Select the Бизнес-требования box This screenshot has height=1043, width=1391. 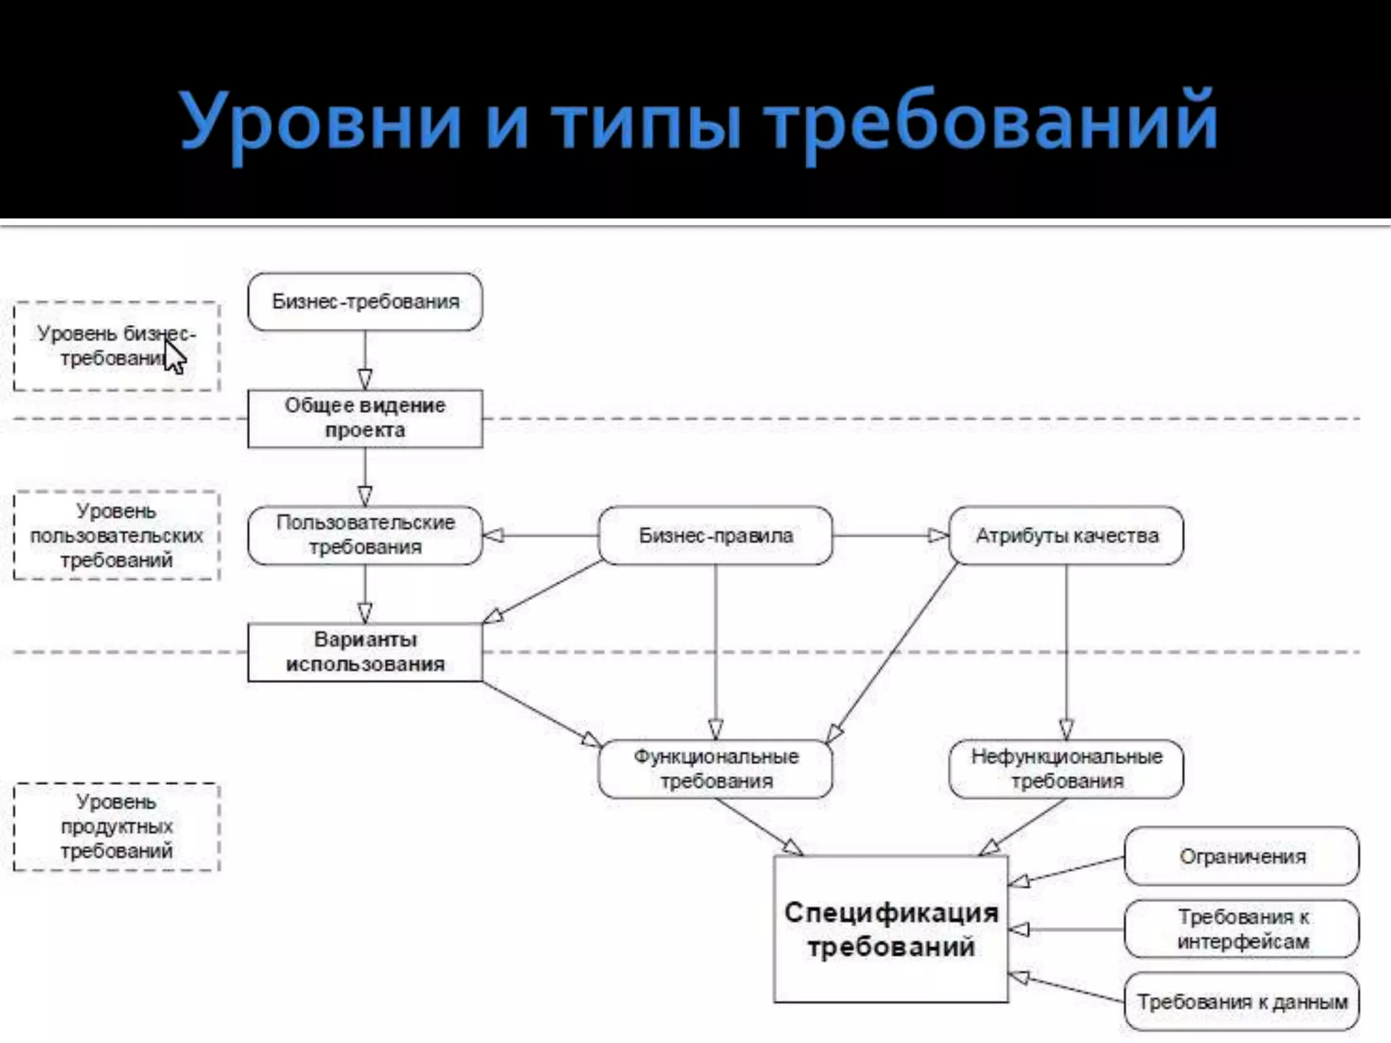pyautogui.click(x=365, y=301)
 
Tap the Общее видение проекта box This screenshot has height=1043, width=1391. pyautogui.click(x=365, y=418)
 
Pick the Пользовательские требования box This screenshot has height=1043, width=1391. pyautogui.click(x=365, y=535)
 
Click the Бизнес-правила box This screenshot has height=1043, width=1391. pyautogui.click(x=715, y=535)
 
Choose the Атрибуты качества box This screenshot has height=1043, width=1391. pyautogui.click(x=1066, y=535)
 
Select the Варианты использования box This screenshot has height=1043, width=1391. pyautogui.click(x=365, y=652)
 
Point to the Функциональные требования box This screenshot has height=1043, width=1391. pyautogui.click(x=715, y=769)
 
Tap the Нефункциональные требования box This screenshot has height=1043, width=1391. pyautogui.click(x=1066, y=769)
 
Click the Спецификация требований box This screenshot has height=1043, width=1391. pyautogui.click(x=890, y=929)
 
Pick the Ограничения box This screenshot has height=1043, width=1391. pyautogui.click(x=1242, y=856)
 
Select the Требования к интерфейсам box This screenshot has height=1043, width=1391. pyautogui.click(x=1242, y=929)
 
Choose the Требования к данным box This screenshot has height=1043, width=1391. pyautogui.click(x=1242, y=1002)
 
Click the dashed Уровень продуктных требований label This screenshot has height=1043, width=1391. pyautogui.click(x=117, y=826)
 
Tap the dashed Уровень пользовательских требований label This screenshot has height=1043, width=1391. pyautogui.click(x=117, y=535)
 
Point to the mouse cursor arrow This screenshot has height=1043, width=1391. pyautogui.click(x=174, y=356)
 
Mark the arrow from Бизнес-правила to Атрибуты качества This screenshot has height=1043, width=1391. pyautogui.click(x=890, y=535)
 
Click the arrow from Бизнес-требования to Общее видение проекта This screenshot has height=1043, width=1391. pyautogui.click(x=365, y=360)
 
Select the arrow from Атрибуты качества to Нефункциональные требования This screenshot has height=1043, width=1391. pyautogui.click(x=1066, y=652)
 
